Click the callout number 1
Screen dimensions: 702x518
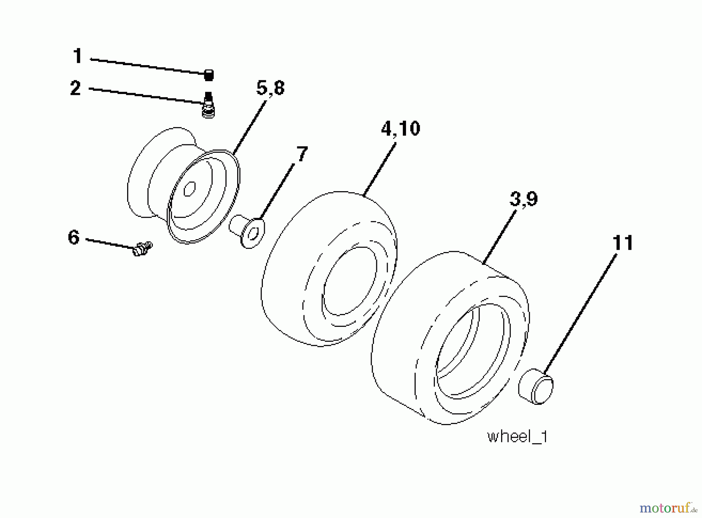point(78,56)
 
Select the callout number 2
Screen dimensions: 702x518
point(76,88)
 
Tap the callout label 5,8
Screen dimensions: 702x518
point(270,88)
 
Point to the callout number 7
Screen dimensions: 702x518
point(302,154)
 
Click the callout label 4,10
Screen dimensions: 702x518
point(401,129)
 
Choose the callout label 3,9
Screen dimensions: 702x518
point(524,199)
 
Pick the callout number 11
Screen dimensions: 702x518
point(623,243)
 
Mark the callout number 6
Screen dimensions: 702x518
point(74,237)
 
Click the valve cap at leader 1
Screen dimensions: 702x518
point(209,75)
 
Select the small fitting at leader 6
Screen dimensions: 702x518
point(142,248)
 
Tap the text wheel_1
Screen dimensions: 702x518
point(518,436)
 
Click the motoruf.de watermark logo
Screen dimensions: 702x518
point(668,507)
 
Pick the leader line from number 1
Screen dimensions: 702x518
point(148,66)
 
